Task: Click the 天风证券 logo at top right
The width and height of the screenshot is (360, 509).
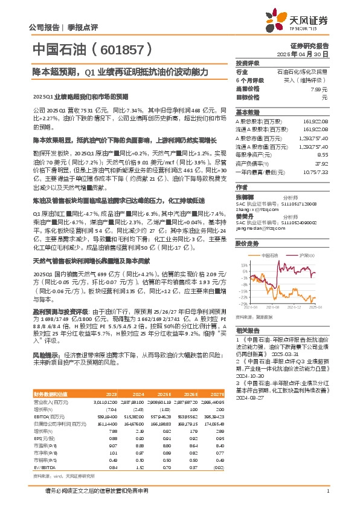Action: tap(308, 20)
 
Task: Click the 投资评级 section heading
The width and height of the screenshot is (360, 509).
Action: tap(247, 63)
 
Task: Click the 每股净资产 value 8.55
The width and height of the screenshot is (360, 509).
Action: tap(323, 154)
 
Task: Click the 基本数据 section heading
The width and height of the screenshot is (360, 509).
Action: tap(247, 112)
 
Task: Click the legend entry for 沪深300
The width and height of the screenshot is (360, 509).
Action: tap(307, 256)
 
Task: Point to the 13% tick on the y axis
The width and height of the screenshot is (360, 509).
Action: tap(245, 265)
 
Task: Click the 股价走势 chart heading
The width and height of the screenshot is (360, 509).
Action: tap(247, 243)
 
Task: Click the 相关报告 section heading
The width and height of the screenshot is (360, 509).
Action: tap(247, 330)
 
